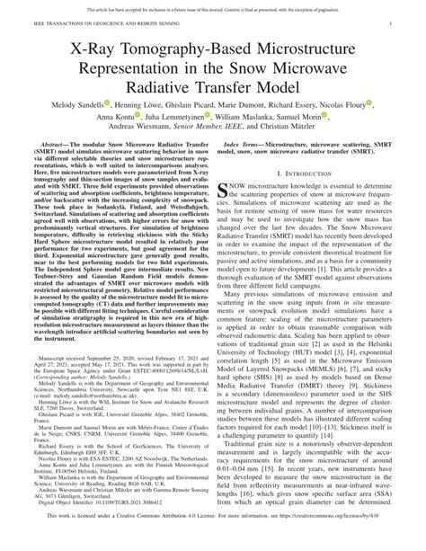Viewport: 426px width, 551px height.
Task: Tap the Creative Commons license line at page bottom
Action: pos(213,542)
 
